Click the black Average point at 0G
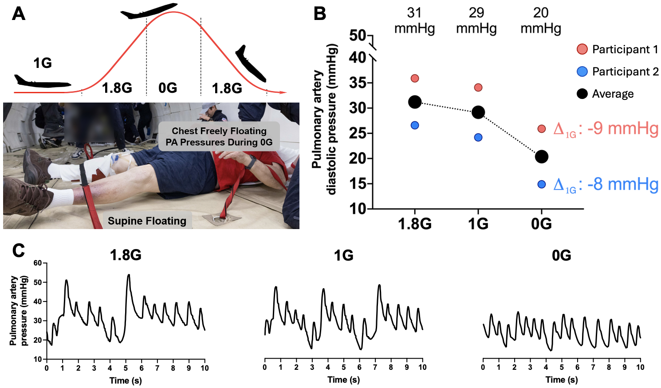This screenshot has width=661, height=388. pos(541,157)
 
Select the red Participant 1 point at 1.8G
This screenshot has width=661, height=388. pos(415,79)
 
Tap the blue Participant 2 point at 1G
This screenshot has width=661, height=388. pos(478,138)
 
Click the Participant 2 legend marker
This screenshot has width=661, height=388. pos(582,71)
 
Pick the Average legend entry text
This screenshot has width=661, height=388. pos(613,94)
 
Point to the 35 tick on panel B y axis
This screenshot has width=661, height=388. pos(358,83)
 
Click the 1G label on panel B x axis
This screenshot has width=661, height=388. pos(478,224)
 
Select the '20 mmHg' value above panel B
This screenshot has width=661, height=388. pos(541,21)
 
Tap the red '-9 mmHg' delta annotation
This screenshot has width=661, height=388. pos(606,129)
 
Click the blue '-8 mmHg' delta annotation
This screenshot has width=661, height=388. pos(606,184)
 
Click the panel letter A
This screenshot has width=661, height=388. pos(19,14)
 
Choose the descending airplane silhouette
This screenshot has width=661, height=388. pos(251,63)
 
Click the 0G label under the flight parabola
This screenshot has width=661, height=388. pos(168,88)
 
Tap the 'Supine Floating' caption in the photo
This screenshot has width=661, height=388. pos(147,221)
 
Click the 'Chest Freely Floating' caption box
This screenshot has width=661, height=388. pos(219,136)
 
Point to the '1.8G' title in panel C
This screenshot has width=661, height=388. pos(126,255)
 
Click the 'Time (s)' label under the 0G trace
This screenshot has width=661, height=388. pos(562,380)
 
